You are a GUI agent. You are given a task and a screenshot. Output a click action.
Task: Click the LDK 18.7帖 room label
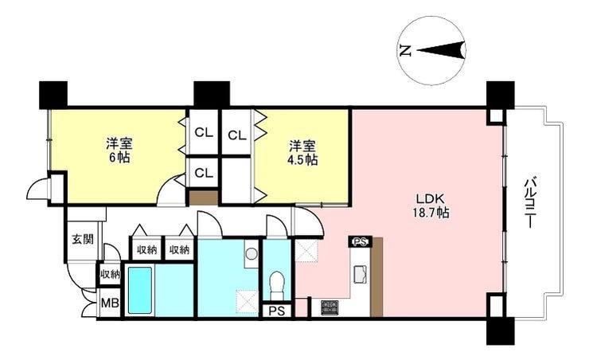coord(431,205)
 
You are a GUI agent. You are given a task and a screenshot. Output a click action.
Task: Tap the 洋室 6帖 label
coord(119,151)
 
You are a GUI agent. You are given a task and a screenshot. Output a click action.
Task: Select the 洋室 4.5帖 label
coord(302,153)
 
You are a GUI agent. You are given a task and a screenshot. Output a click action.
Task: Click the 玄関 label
coord(83,239)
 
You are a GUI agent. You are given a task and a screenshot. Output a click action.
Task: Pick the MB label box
coord(110,303)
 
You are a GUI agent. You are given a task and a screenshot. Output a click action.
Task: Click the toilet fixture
coord(277,281)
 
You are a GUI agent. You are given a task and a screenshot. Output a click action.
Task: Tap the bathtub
coord(140,290)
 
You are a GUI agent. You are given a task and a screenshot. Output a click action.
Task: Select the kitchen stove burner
coord(330,307)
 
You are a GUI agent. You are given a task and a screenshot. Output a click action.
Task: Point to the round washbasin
coord(251,254)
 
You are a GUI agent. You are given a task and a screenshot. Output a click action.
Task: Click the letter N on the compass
coord(405,50)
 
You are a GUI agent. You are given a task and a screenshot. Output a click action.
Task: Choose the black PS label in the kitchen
coord(361,242)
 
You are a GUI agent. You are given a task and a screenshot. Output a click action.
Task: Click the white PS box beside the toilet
coord(276,311)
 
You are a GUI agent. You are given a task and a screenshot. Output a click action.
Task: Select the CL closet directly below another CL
coord(204,173)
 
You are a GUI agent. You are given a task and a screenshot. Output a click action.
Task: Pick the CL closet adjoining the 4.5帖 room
coord(236,135)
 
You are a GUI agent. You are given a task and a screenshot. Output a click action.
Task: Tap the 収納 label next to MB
coord(110,275)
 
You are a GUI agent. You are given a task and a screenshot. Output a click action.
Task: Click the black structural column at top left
coord(53,95)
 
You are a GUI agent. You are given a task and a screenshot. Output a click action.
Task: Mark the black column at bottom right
coord(501,331)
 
